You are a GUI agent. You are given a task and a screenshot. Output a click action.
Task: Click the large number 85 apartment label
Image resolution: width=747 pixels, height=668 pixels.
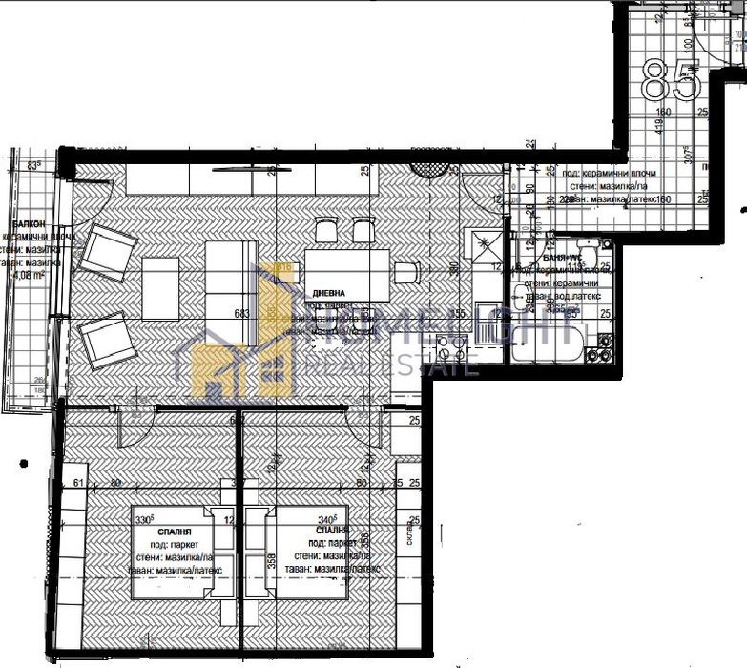[x=672, y=80]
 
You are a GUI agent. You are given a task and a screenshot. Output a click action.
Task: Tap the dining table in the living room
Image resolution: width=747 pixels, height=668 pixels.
[x=347, y=275]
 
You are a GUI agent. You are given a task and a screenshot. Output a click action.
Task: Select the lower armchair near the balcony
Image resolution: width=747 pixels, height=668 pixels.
[x=107, y=342]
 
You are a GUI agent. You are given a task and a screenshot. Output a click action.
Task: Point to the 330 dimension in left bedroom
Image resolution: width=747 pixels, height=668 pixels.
[x=144, y=520]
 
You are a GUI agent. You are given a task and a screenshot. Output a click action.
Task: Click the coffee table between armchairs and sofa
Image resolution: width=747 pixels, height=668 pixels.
[x=160, y=288]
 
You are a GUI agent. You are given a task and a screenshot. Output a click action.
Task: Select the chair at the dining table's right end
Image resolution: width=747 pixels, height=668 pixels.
[x=407, y=272]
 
